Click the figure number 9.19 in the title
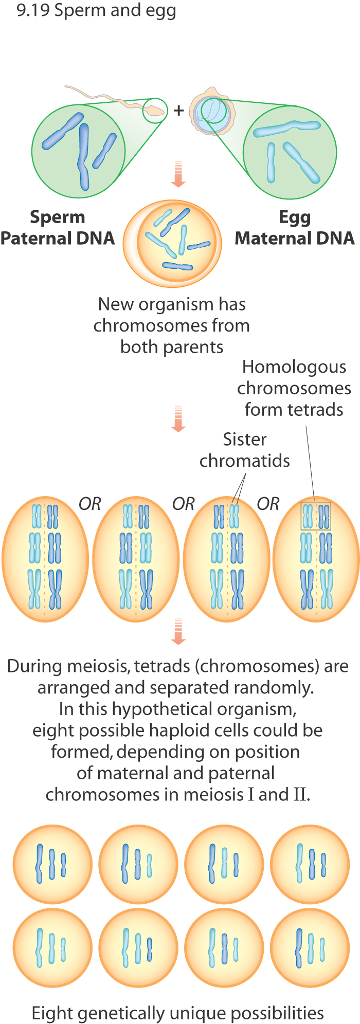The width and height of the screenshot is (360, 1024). tap(33, 10)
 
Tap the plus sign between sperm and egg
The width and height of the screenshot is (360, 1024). tap(178, 110)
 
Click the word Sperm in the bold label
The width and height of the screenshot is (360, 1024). tap(57, 217)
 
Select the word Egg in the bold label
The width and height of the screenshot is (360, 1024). tap(294, 218)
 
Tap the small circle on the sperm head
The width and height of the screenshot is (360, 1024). tap(155, 111)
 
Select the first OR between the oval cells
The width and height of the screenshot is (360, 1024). tap(90, 504)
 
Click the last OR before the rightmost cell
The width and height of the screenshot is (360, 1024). tap(268, 504)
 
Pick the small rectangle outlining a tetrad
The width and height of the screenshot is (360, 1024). tap(316, 516)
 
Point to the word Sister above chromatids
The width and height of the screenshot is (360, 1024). tap(245, 440)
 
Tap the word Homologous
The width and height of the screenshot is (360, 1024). tap(294, 367)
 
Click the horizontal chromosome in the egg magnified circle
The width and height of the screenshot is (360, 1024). tap(287, 127)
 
